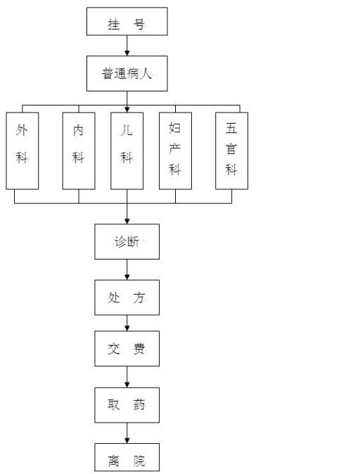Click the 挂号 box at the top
127,22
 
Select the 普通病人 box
127,73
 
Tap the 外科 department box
22,150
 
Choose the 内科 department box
79,150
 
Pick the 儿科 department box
127,150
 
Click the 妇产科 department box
175,150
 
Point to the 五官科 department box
231,150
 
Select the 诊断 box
127,241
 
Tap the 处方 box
127,297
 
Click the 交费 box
127,349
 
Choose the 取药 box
127,405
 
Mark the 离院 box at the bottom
127,457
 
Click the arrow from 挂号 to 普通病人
127,46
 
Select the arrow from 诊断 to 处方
127,269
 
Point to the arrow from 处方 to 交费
127,324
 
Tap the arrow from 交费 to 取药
127,377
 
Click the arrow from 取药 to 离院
127,433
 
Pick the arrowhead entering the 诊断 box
127,222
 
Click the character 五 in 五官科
231,128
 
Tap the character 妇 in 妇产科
174,128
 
